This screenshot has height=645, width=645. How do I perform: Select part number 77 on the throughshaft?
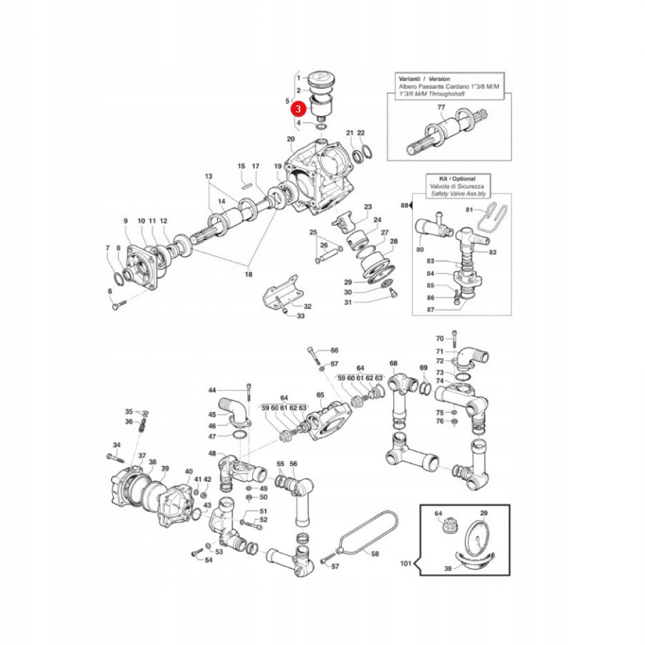coord(441,108)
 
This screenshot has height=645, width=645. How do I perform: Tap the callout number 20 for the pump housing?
coord(291,140)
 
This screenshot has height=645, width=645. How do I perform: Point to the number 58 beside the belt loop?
coord(375,554)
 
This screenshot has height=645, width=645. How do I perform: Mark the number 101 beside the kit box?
coord(407,563)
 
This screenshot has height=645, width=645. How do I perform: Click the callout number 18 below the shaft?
coord(248,274)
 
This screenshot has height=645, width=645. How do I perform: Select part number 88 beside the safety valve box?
coord(405,205)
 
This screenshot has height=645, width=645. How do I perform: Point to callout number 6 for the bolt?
coord(110,291)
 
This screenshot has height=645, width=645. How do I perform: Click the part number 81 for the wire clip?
coord(469,210)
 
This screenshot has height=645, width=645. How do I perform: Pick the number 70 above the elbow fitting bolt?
coord(440,339)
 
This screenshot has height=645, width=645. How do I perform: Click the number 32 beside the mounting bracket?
coord(308,306)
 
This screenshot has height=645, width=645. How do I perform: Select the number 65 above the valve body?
coord(320,395)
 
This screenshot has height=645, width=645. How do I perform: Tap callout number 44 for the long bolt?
coord(212,390)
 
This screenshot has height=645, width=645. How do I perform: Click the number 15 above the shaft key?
coord(241,166)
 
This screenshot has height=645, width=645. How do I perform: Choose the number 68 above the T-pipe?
coord(393,363)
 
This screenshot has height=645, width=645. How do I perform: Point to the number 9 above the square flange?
coord(125,221)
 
